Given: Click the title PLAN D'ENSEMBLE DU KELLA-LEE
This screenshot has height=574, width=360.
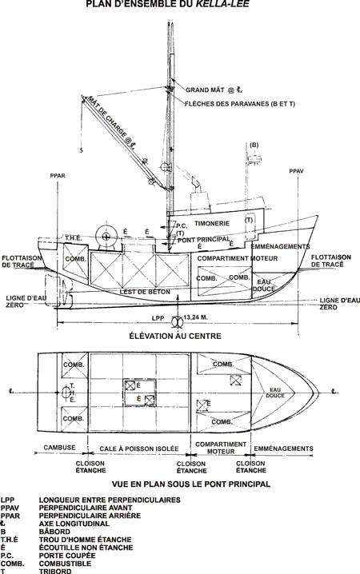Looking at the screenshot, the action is pyautogui.click(x=168, y=4).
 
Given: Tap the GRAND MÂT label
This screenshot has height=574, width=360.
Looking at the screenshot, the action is pyautogui.click(x=205, y=90).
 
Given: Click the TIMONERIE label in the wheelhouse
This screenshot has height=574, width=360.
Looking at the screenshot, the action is pyautogui.click(x=212, y=223).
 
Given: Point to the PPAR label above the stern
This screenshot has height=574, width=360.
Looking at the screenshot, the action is pyautogui.click(x=58, y=176).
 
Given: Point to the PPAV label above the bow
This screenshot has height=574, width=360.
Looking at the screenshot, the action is pyautogui.click(x=296, y=171).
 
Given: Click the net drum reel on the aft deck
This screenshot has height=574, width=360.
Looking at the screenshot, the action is pyautogui.click(x=106, y=237).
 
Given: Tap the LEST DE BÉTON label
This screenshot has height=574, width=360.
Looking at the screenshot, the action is pyautogui.click(x=145, y=292).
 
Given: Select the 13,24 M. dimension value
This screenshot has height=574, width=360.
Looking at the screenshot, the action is pyautogui.click(x=195, y=317).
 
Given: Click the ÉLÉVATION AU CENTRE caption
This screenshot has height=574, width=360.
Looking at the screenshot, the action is pyautogui.click(x=175, y=336).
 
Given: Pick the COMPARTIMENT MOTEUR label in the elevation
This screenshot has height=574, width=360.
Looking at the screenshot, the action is pyautogui.click(x=238, y=258).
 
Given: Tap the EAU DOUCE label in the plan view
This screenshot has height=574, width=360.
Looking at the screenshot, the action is pyautogui.click(x=275, y=393).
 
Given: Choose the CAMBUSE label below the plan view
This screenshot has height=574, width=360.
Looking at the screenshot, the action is pyautogui.click(x=59, y=448).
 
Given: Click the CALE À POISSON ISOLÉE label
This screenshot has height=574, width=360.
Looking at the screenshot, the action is pyautogui.click(x=139, y=448).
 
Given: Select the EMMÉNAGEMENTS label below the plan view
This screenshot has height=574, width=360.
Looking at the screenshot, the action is pyautogui.click(x=283, y=448).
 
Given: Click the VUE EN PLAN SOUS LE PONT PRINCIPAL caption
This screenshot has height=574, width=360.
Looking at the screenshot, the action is pyautogui.click(x=191, y=484).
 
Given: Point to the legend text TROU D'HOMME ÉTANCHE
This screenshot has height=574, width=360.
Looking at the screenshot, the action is pyautogui.click(x=85, y=540).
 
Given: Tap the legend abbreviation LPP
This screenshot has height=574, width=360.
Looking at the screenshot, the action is pyautogui.click(x=7, y=500).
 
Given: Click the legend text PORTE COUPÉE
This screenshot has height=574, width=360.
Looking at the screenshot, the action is pyautogui.click(x=67, y=556).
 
